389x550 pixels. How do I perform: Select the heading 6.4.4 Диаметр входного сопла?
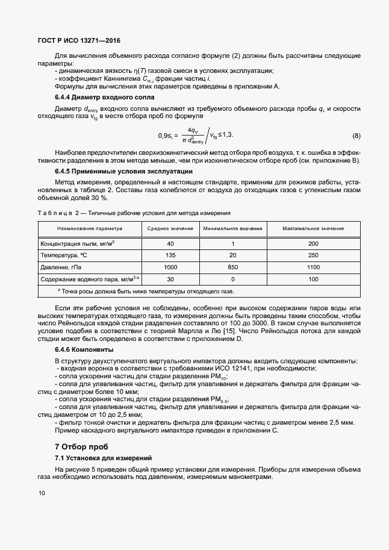click(104, 97)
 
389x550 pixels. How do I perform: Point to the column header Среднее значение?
click(170, 229)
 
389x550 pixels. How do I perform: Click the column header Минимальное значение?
click(232, 229)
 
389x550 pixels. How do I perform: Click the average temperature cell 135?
click(170, 255)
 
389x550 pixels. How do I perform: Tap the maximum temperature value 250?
click(313, 255)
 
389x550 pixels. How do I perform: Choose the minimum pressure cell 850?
click(232, 267)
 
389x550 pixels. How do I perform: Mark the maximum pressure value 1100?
click(313, 267)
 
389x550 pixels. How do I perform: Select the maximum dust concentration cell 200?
click(313, 243)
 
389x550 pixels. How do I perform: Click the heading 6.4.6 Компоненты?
click(93, 349)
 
